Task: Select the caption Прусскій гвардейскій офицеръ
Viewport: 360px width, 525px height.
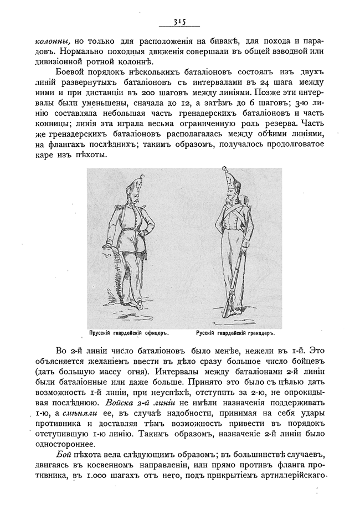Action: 128,333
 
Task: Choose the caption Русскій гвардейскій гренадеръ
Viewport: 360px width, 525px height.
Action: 235,333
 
